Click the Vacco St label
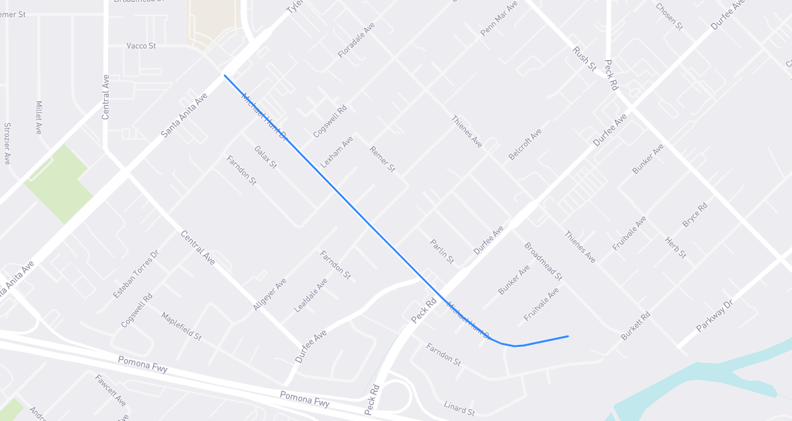click(141, 46)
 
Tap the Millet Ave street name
click(38, 118)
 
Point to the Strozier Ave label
click(7, 143)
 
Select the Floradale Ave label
click(357, 40)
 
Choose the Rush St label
click(585, 59)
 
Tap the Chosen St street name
click(669, 17)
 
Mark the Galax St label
click(265, 158)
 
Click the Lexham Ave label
click(337, 151)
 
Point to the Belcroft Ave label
click(525, 144)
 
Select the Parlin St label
click(441, 252)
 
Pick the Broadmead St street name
click(543, 261)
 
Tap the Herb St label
click(675, 248)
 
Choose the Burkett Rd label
click(635, 326)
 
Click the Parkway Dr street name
click(716, 316)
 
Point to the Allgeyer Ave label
click(269, 295)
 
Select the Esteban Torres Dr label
click(136, 274)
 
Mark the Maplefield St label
click(181, 326)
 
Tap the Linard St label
click(459, 408)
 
